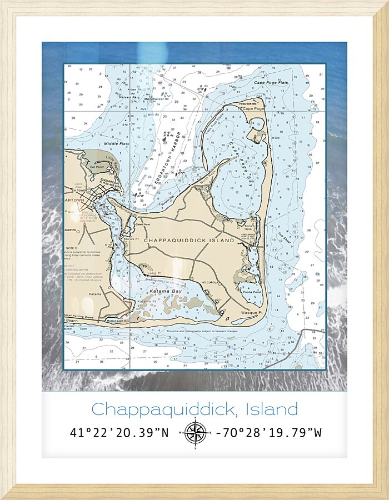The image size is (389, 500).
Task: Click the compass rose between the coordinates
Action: (195, 432)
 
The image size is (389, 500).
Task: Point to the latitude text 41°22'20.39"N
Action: (119, 432)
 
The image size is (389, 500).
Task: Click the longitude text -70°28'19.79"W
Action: (268, 432)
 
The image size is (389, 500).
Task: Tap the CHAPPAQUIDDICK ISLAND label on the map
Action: (189, 241)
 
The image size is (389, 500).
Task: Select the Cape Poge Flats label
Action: (271, 83)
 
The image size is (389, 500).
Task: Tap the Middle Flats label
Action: (117, 143)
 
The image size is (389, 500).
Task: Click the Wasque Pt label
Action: (252, 312)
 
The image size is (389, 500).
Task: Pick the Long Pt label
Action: (154, 273)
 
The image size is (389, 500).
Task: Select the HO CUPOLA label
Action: (210, 282)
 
